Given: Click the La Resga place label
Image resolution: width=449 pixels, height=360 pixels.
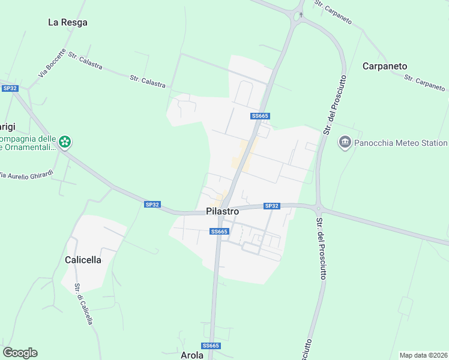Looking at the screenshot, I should pos(68,22).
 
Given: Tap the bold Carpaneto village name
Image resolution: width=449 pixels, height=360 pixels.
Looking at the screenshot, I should pos(385,66).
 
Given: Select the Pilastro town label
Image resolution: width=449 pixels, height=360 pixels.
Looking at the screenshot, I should pos(222,211).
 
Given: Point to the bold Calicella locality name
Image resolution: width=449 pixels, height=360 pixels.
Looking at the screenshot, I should pos(83,260).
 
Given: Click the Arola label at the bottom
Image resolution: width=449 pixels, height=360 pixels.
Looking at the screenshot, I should pos(193,355).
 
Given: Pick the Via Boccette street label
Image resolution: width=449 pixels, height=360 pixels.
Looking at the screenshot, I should pos(52,62).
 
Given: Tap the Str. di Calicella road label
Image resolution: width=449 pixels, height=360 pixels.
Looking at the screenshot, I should pos(83,304).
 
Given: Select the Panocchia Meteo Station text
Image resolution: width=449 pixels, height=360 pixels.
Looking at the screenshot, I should pos(401,143).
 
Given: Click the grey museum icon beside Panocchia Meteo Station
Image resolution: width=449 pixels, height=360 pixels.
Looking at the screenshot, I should pos(345,142).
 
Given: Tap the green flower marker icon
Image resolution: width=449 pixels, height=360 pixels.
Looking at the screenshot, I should pos(65,142).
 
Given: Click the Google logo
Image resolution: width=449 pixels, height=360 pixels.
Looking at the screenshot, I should pos(20,353).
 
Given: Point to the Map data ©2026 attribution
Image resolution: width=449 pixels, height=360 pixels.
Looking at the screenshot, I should pos(424,355).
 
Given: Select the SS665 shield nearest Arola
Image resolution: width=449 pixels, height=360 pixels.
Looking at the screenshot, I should pos(211,346).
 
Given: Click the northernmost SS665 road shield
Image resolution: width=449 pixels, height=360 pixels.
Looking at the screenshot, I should pos(260,116).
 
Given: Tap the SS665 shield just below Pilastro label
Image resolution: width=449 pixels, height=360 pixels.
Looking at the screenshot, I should pos(219,232).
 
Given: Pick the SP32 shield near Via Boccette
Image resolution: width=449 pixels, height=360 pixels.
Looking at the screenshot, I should pos(10,88).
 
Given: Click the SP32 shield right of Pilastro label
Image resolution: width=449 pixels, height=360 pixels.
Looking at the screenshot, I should pos(272,206).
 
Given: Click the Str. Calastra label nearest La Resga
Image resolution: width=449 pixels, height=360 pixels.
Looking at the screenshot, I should pos(85,61).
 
